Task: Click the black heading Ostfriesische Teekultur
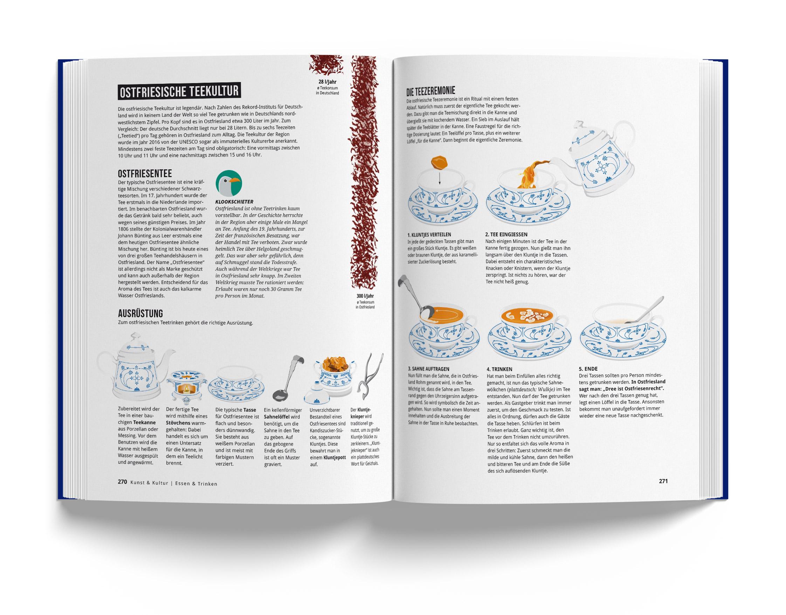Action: pyautogui.click(x=179, y=92)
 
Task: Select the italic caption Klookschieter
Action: pyautogui.click(x=234, y=202)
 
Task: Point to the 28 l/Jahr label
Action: pyautogui.click(x=327, y=81)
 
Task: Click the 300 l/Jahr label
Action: pyautogui.click(x=365, y=296)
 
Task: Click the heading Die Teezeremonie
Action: pyautogui.click(x=431, y=90)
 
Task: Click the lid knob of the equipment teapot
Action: pyautogui.click(x=135, y=336)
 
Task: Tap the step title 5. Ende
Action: pyautogui.click(x=588, y=369)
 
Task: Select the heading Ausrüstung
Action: pyautogui.click(x=140, y=312)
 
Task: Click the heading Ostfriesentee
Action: pyautogui.click(x=145, y=174)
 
